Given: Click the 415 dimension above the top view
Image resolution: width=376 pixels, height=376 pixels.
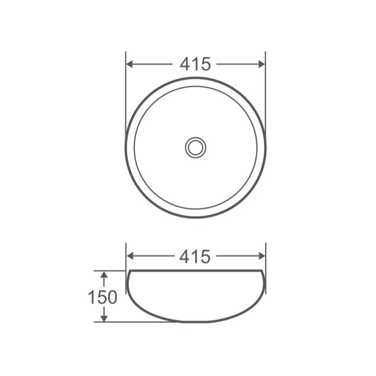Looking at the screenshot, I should coord(195,64).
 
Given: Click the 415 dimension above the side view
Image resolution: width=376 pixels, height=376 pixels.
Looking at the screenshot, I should coord(195,257).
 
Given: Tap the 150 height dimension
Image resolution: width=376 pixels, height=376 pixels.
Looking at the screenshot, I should coord(103,297).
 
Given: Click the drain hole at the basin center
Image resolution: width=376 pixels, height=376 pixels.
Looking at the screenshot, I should coord(195,147).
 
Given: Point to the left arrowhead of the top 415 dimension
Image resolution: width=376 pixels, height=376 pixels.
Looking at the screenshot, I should coord(130,64).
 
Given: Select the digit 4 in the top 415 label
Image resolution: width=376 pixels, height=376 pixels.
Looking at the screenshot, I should coord(184,64).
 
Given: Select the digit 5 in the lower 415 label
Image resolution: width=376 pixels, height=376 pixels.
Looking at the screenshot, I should coord(205,257).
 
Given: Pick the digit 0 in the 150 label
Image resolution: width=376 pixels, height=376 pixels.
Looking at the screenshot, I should coord(112,297).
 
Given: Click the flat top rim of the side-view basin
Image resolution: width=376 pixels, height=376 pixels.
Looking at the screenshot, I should coord(195,271).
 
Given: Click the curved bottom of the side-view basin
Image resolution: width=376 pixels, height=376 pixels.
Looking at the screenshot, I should coord(195,321).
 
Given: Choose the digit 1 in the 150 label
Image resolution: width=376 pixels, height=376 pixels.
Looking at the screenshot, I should coord(92,297).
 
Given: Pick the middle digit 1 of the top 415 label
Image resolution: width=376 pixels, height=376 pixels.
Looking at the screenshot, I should coord(195,64).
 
